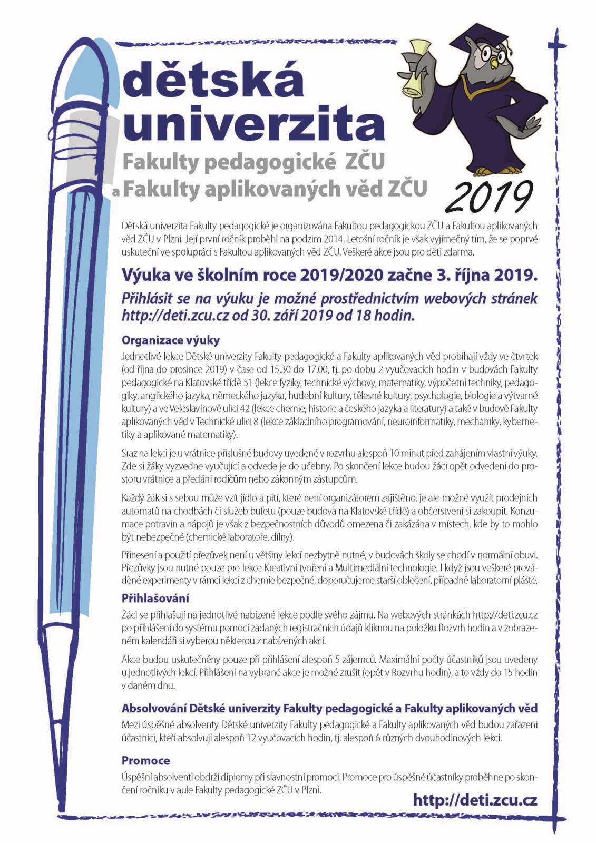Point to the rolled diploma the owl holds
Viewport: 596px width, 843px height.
coord(416,68)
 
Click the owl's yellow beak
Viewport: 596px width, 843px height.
coord(494,63)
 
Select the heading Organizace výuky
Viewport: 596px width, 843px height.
coord(170,340)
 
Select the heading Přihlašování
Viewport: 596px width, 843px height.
coord(155,599)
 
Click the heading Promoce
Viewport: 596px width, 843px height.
coord(145,761)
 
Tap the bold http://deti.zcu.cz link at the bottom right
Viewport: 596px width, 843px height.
coord(475,800)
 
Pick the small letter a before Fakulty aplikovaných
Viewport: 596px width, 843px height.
coord(115,193)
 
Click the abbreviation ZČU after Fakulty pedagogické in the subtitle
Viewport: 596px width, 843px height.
coord(364,162)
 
